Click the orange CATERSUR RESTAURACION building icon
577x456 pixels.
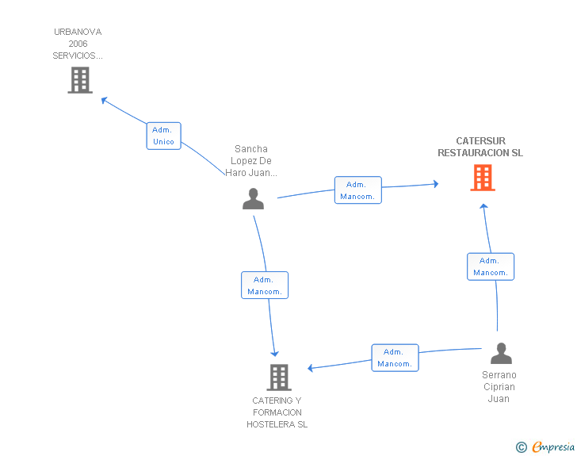click(482, 178)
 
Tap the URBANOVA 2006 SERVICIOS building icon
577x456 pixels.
click(80, 80)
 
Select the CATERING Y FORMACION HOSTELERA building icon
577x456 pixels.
click(278, 377)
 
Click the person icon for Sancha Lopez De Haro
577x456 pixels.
click(253, 199)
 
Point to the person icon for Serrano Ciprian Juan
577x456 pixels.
click(501, 354)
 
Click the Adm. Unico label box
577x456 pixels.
click(164, 136)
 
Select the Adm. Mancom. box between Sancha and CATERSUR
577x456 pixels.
click(357, 190)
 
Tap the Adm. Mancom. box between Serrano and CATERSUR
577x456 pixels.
click(491, 266)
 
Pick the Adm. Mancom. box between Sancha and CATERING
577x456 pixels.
click(264, 285)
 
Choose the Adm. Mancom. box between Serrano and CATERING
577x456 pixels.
click(395, 358)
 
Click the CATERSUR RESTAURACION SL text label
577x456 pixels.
click(480, 148)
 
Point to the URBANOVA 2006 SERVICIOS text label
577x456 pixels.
click(78, 44)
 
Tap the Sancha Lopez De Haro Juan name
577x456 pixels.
click(251, 160)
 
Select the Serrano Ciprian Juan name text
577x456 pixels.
click(499, 387)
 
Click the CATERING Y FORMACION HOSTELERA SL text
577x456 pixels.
click(277, 412)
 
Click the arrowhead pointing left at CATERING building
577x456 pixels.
click(311, 368)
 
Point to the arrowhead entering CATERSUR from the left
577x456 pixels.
click(434, 184)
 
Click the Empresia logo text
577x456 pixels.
click(553, 447)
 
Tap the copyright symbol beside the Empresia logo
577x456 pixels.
click(521, 448)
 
